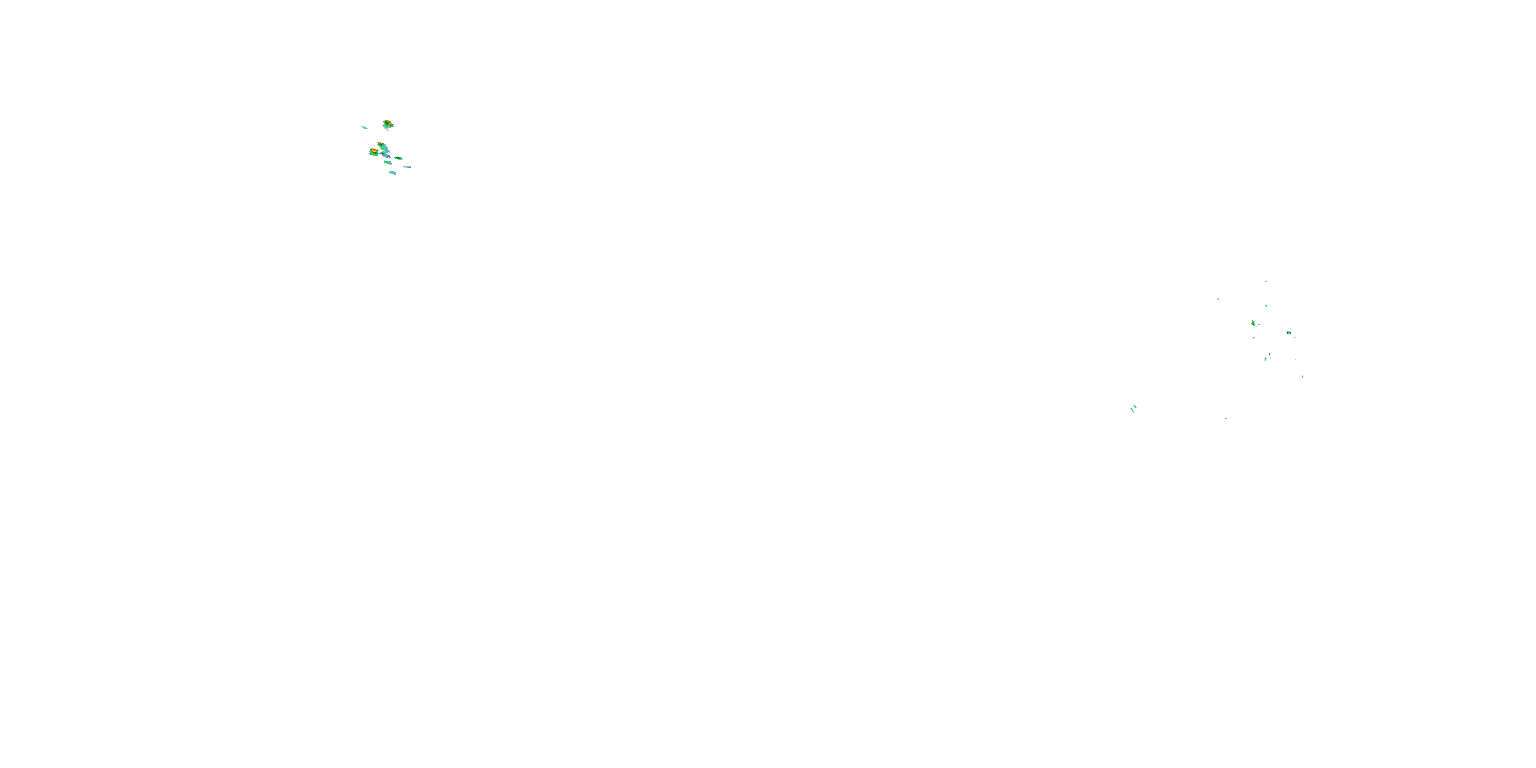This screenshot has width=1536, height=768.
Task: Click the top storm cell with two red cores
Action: click(x=388, y=124)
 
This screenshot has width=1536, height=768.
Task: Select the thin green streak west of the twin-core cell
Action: click(x=365, y=127)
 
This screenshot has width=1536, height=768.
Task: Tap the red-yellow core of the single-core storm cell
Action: click(x=374, y=152)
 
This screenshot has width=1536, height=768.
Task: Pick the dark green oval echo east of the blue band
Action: click(x=398, y=158)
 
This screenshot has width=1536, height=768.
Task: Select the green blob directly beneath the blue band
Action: click(x=388, y=162)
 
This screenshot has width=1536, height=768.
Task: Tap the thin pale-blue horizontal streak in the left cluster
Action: click(x=407, y=167)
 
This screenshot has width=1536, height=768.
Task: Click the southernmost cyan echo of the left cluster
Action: click(x=392, y=173)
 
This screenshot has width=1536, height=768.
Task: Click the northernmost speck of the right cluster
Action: click(x=1266, y=282)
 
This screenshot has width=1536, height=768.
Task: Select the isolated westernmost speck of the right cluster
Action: click(x=1218, y=300)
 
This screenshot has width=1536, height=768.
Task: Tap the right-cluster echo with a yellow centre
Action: click(x=1253, y=323)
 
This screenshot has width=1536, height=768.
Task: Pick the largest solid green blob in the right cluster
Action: click(x=1289, y=333)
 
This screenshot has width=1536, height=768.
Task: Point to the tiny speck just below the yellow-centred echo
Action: click(x=1253, y=338)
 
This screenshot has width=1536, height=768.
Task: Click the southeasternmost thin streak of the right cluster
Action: click(x=1302, y=377)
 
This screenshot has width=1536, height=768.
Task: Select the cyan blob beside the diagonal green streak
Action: click(x=1135, y=406)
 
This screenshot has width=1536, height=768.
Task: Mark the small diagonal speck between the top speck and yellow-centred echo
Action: click(x=1266, y=306)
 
